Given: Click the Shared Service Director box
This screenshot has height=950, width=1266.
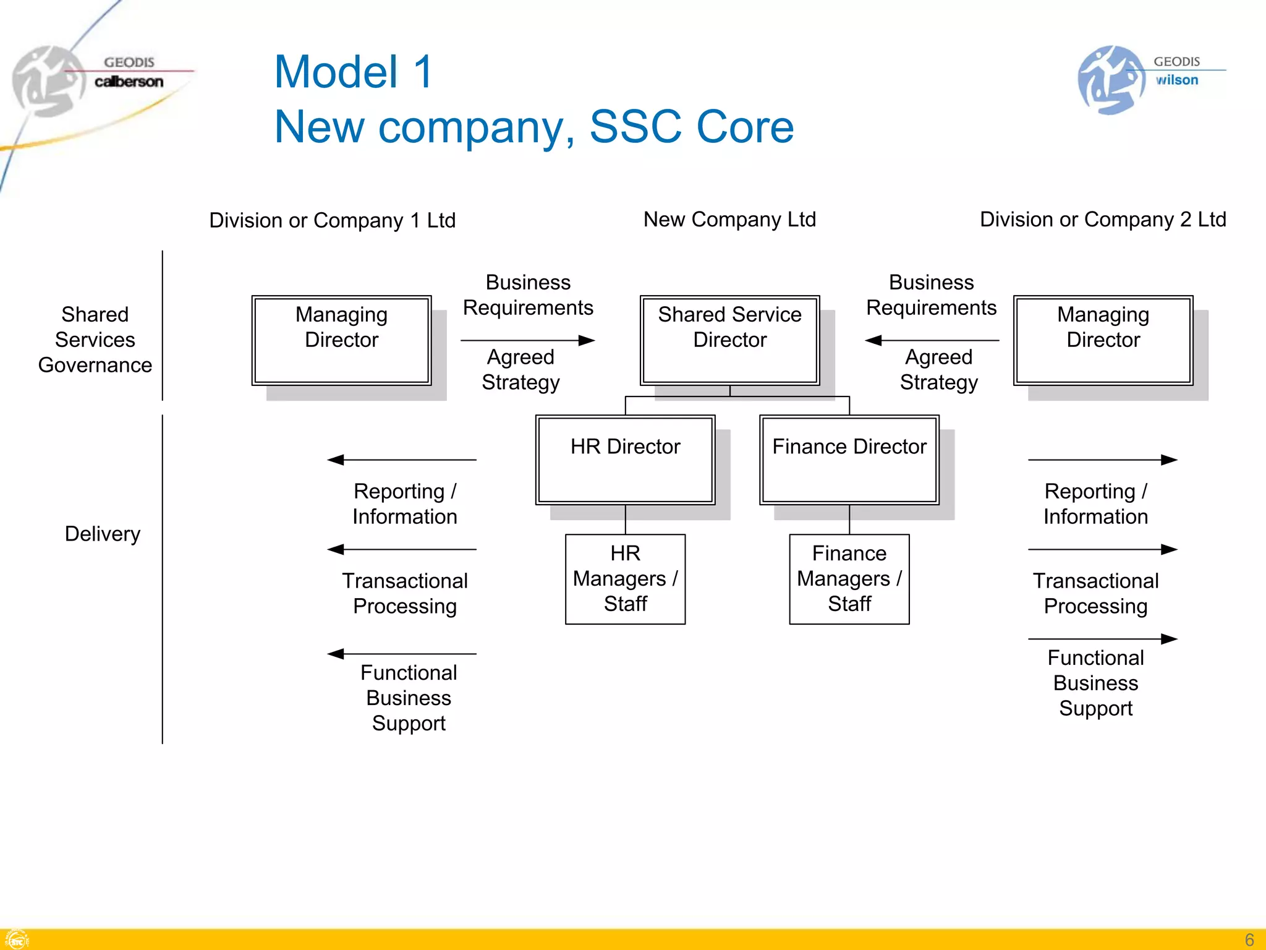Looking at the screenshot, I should click(729, 340).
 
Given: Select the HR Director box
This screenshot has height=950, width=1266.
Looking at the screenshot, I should click(625, 459).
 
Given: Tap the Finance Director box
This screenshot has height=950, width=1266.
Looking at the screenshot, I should click(849, 459).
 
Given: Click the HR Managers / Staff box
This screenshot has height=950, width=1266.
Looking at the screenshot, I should click(625, 579).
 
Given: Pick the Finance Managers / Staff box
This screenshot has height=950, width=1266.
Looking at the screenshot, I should click(849, 579).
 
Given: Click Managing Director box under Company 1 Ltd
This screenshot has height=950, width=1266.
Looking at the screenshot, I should click(341, 340).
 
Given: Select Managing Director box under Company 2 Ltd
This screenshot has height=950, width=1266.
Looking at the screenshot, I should click(1103, 340).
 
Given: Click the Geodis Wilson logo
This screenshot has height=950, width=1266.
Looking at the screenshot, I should click(1144, 79).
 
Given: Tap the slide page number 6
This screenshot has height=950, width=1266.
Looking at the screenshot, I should click(1249, 939).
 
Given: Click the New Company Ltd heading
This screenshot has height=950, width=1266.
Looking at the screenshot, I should click(729, 220).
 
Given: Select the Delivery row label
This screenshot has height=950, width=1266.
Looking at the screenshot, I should click(103, 534).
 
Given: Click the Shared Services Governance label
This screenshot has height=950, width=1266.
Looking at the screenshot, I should click(95, 340).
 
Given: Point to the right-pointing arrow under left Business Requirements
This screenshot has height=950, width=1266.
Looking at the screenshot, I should click(527, 340).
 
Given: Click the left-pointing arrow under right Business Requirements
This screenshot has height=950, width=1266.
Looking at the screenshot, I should click(932, 340).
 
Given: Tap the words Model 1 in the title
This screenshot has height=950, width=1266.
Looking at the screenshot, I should click(353, 72).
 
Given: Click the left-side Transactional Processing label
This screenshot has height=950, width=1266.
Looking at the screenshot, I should click(405, 593).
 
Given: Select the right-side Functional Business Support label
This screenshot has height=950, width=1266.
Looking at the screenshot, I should click(1095, 682).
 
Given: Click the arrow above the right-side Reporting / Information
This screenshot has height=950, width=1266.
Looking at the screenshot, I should click(1102, 460).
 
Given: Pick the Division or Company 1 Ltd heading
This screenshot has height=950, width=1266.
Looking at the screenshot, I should click(332, 220).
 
